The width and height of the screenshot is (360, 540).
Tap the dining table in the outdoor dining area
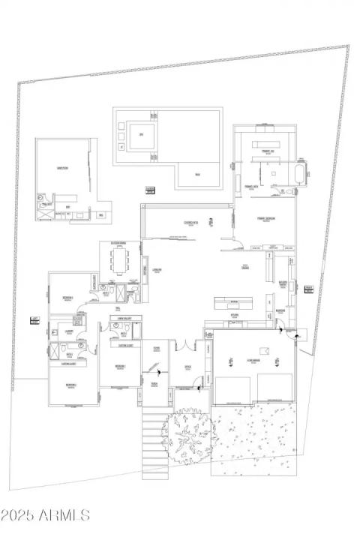119,261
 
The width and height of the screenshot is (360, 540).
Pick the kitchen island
233,303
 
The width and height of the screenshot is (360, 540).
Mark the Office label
188,367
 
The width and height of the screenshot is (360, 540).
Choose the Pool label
198,174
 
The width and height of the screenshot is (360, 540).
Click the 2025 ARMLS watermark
45,515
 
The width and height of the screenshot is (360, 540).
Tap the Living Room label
157,270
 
